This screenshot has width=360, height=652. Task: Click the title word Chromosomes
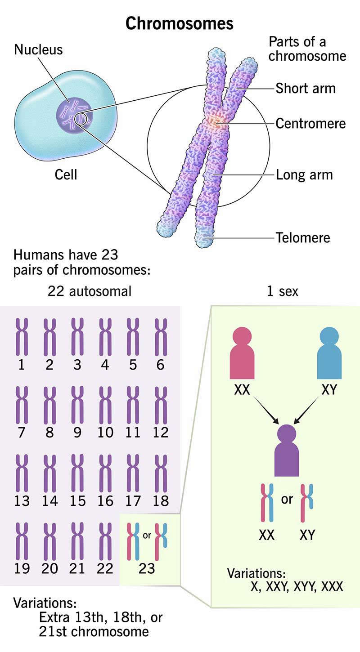[180, 23]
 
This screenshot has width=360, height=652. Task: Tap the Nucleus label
[38, 49]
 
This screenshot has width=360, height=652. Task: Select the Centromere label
[310, 123]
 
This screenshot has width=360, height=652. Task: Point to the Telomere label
[303, 237]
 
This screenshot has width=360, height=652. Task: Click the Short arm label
[306, 88]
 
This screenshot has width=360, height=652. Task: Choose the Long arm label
[304, 174]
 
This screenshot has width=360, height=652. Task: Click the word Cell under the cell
[66, 174]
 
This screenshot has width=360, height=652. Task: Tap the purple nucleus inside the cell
[74, 112]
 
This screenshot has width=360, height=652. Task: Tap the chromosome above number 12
[161, 405]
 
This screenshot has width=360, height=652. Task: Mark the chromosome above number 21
[77, 541]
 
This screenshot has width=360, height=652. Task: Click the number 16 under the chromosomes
[105, 500]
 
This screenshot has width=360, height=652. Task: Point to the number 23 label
[147, 568]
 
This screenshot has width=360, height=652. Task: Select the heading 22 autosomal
[90, 291]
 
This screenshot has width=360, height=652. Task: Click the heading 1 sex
[282, 291]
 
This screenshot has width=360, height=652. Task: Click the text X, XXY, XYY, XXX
[297, 586]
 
